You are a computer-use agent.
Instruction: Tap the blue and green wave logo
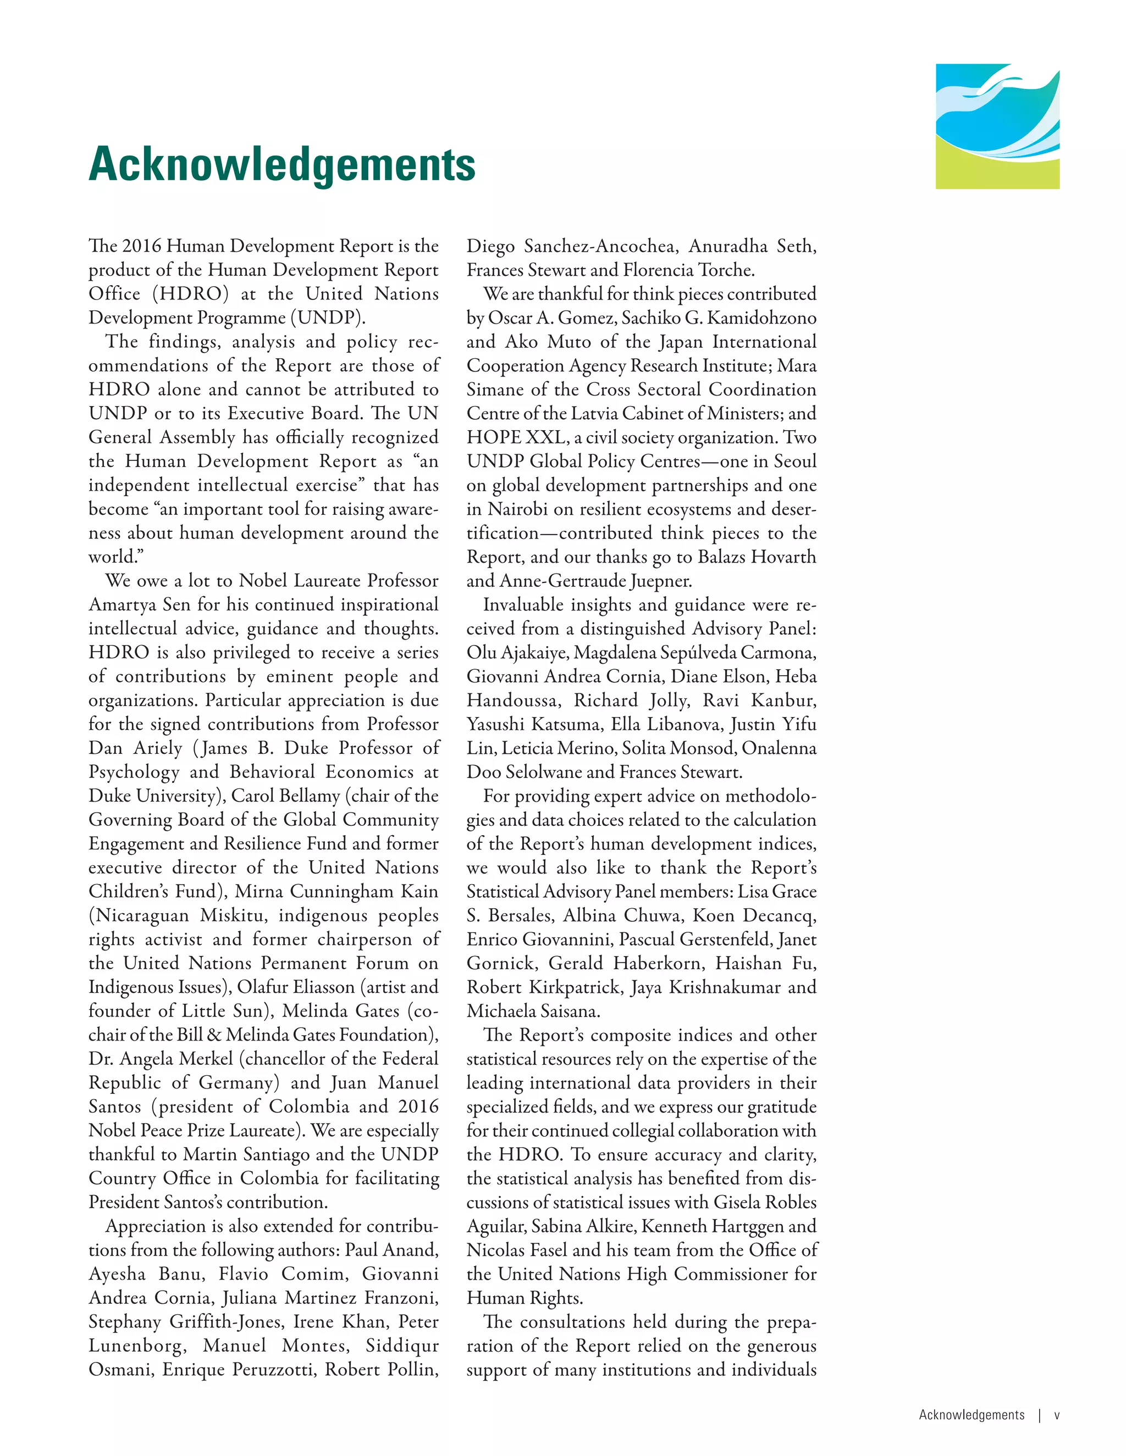point(997,127)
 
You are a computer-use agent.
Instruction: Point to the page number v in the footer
point(1057,1415)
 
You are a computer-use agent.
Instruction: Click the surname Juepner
point(659,581)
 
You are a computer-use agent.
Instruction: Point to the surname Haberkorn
point(660,963)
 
